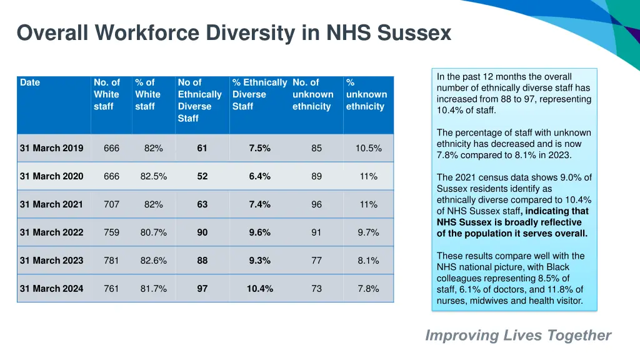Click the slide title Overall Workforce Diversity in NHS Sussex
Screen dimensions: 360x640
[234, 32]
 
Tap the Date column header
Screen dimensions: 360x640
[30, 82]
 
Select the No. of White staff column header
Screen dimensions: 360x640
[107, 94]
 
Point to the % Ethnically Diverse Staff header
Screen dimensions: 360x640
[259, 94]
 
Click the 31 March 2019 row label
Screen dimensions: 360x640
[51, 148]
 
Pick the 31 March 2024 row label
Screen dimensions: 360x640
[51, 289]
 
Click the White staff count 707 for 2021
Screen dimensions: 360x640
[111, 204]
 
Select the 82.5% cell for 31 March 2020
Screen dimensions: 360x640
[154, 176]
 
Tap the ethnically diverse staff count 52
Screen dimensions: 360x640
[202, 176]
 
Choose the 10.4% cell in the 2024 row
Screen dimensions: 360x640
[260, 289]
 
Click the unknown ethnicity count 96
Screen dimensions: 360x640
[317, 204]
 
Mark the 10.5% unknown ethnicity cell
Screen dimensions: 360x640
[369, 148]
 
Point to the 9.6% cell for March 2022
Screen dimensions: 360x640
[260, 232]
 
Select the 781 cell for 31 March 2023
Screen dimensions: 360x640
[111, 261]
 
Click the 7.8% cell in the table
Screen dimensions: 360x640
[369, 289]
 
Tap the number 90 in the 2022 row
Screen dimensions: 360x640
[202, 232]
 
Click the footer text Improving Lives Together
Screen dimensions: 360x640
[518, 336]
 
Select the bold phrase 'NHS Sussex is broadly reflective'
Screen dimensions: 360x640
[509, 222]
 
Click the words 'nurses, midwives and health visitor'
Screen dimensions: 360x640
[509, 301]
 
